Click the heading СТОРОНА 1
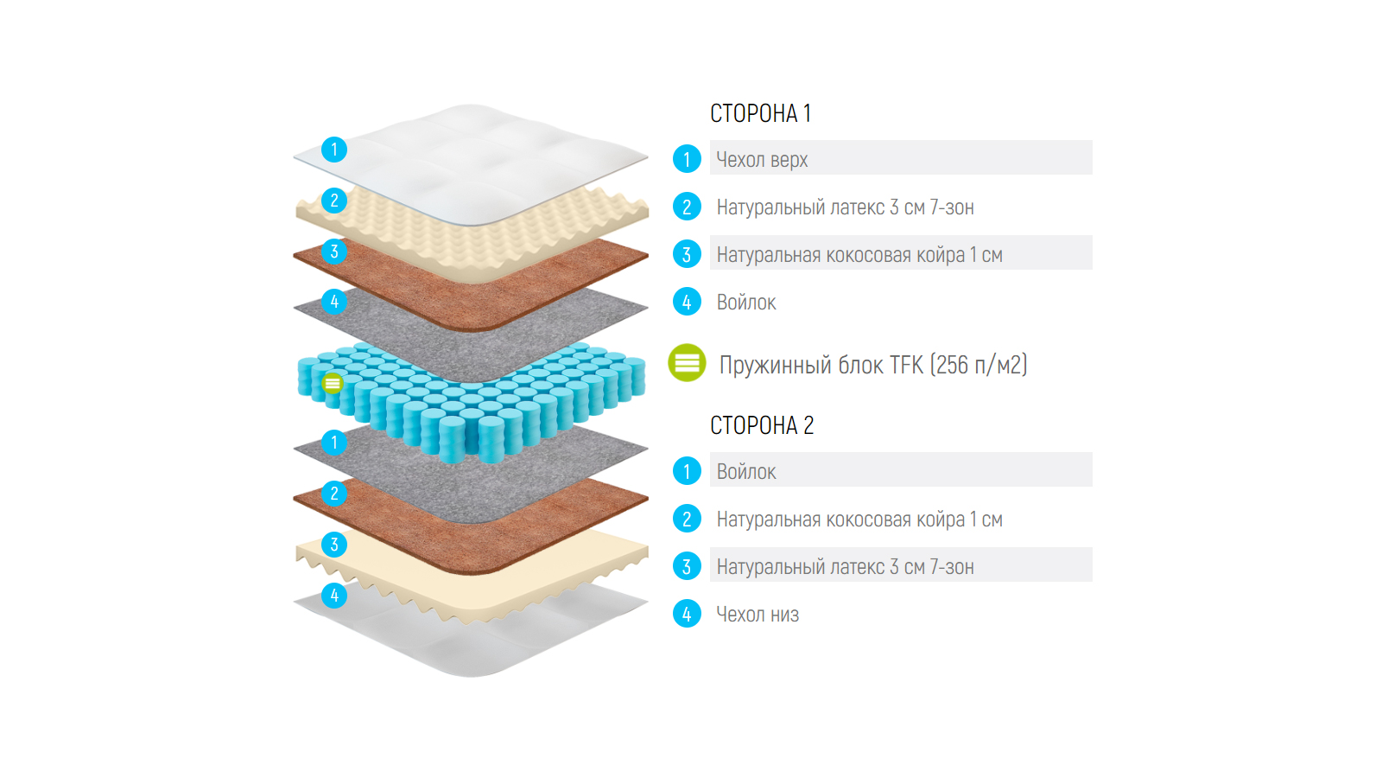pyautogui.click(x=760, y=113)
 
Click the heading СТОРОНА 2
pyautogui.click(x=762, y=425)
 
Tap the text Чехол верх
pyautogui.click(x=762, y=160)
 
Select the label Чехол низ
pyautogui.click(x=758, y=615)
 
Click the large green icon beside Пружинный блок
pyautogui.click(x=687, y=363)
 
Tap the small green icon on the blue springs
pyautogui.click(x=333, y=383)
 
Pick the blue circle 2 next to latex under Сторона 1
pyautogui.click(x=687, y=207)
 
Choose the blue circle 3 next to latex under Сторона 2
pyautogui.click(x=687, y=566)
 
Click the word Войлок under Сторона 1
pyautogui.click(x=746, y=303)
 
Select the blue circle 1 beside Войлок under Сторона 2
pyautogui.click(x=687, y=471)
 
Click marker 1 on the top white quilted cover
pyautogui.click(x=334, y=150)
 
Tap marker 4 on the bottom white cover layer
pyautogui.click(x=334, y=596)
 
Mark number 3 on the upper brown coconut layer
pyautogui.click(x=334, y=252)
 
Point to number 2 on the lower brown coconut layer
pyautogui.click(x=334, y=494)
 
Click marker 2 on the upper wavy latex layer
pyautogui.click(x=334, y=201)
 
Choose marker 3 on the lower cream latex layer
pyautogui.click(x=334, y=545)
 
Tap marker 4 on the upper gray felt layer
pyautogui.click(x=334, y=302)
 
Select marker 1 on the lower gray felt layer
pyautogui.click(x=334, y=443)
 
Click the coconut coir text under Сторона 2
pyautogui.click(x=859, y=520)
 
